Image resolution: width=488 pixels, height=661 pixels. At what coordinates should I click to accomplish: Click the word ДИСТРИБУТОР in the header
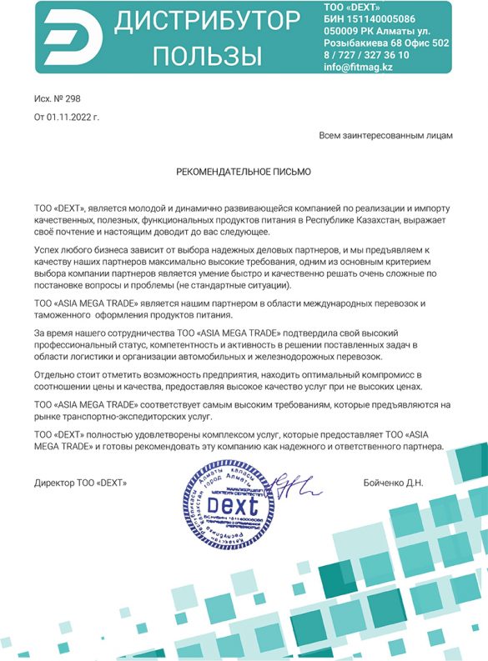pos(208,23)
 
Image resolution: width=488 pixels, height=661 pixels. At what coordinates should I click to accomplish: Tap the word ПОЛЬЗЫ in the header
pos(208,55)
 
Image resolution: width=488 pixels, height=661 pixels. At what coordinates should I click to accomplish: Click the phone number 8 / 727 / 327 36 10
pos(366,54)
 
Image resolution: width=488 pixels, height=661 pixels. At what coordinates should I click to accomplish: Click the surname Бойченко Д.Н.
pos(394,483)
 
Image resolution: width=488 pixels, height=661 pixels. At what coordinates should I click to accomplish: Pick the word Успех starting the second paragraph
pos(49,249)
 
